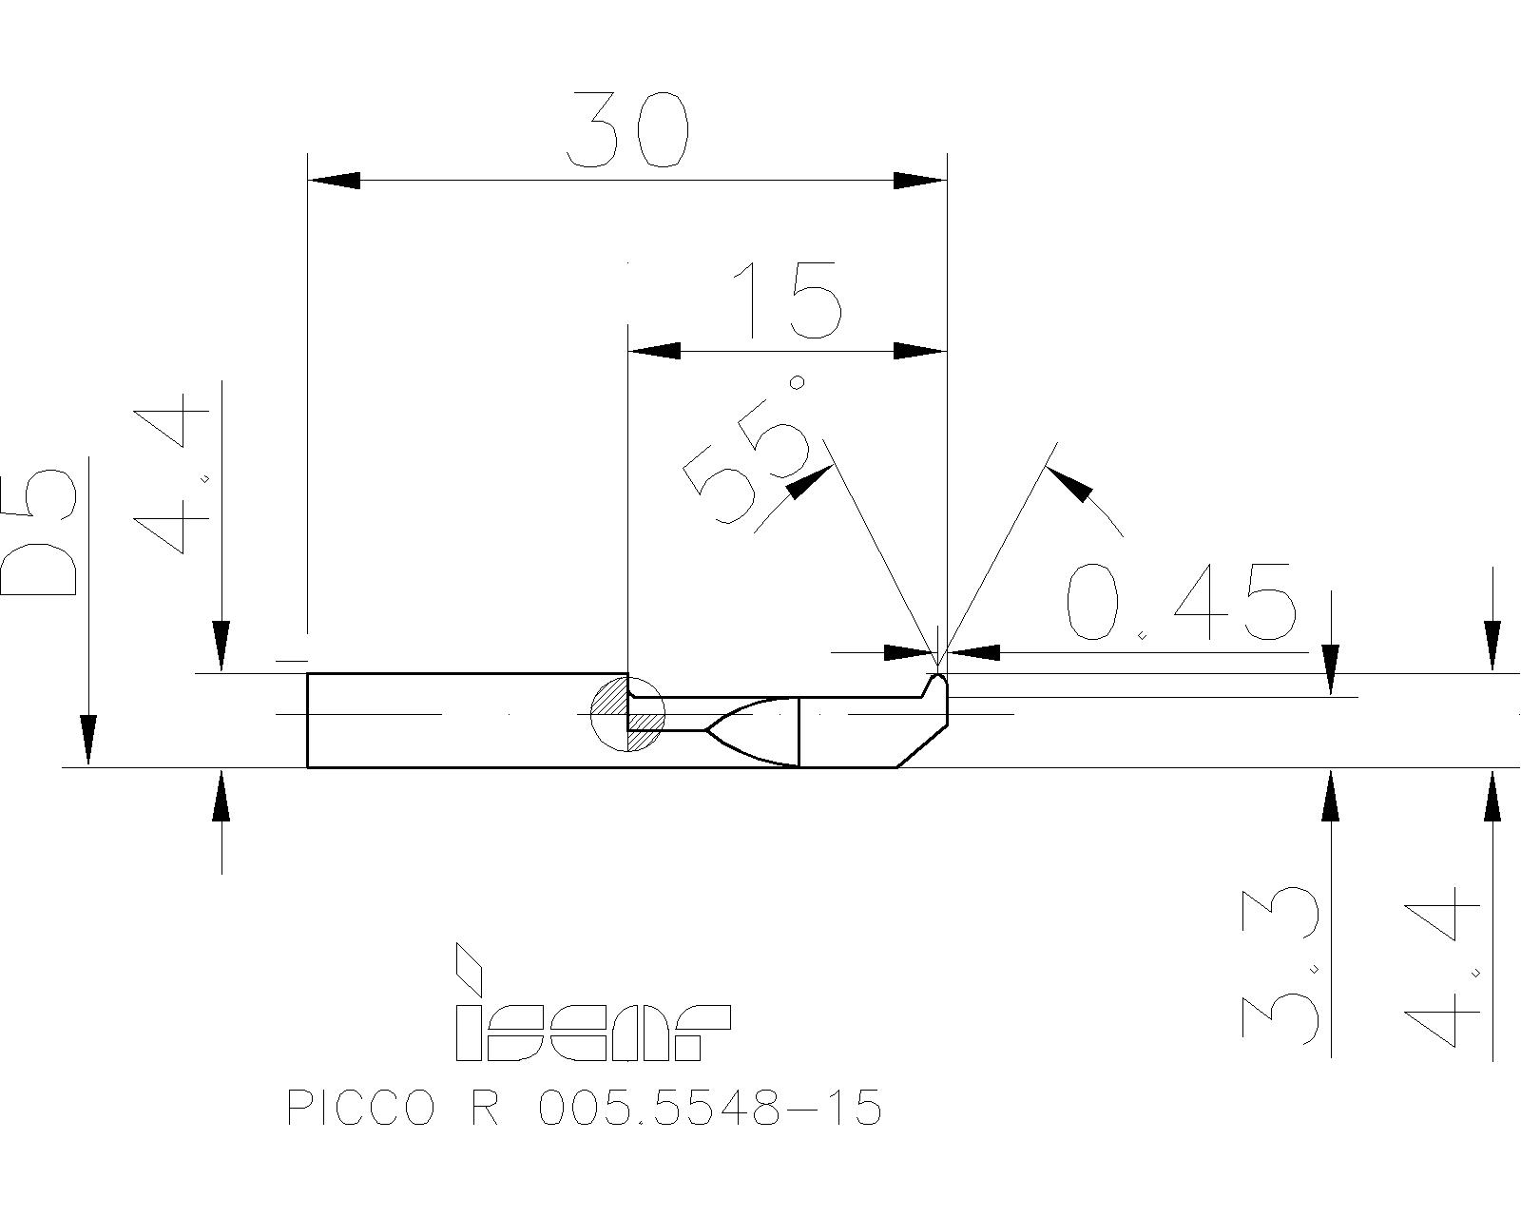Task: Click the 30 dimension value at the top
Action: click(626, 130)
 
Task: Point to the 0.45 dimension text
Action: click(1180, 603)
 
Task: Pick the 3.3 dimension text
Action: click(1280, 965)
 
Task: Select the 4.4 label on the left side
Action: click(171, 480)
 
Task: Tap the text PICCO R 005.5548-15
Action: click(585, 1109)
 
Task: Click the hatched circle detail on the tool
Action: click(626, 714)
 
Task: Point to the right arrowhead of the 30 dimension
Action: click(920, 180)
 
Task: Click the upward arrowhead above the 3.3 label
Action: click(1331, 795)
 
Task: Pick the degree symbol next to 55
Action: click(799, 383)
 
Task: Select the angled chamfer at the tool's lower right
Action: click(921, 746)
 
